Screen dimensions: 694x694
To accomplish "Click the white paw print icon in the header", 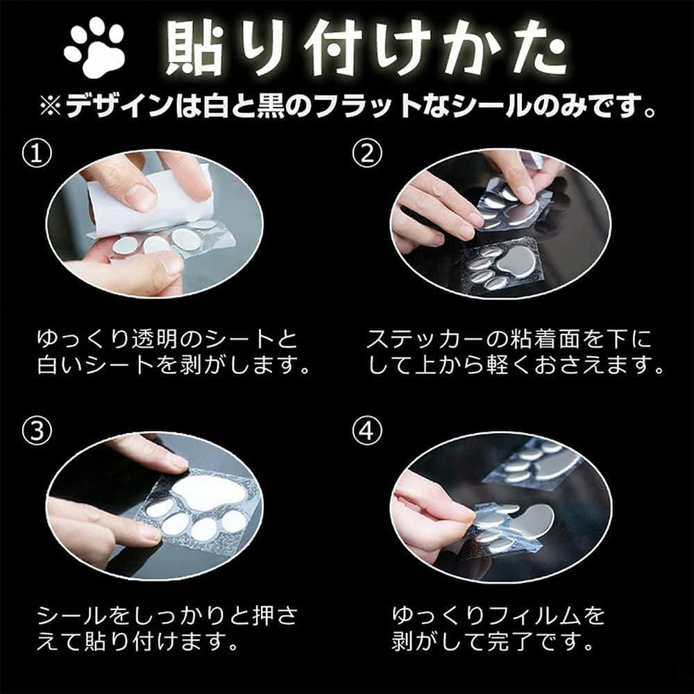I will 94,49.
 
